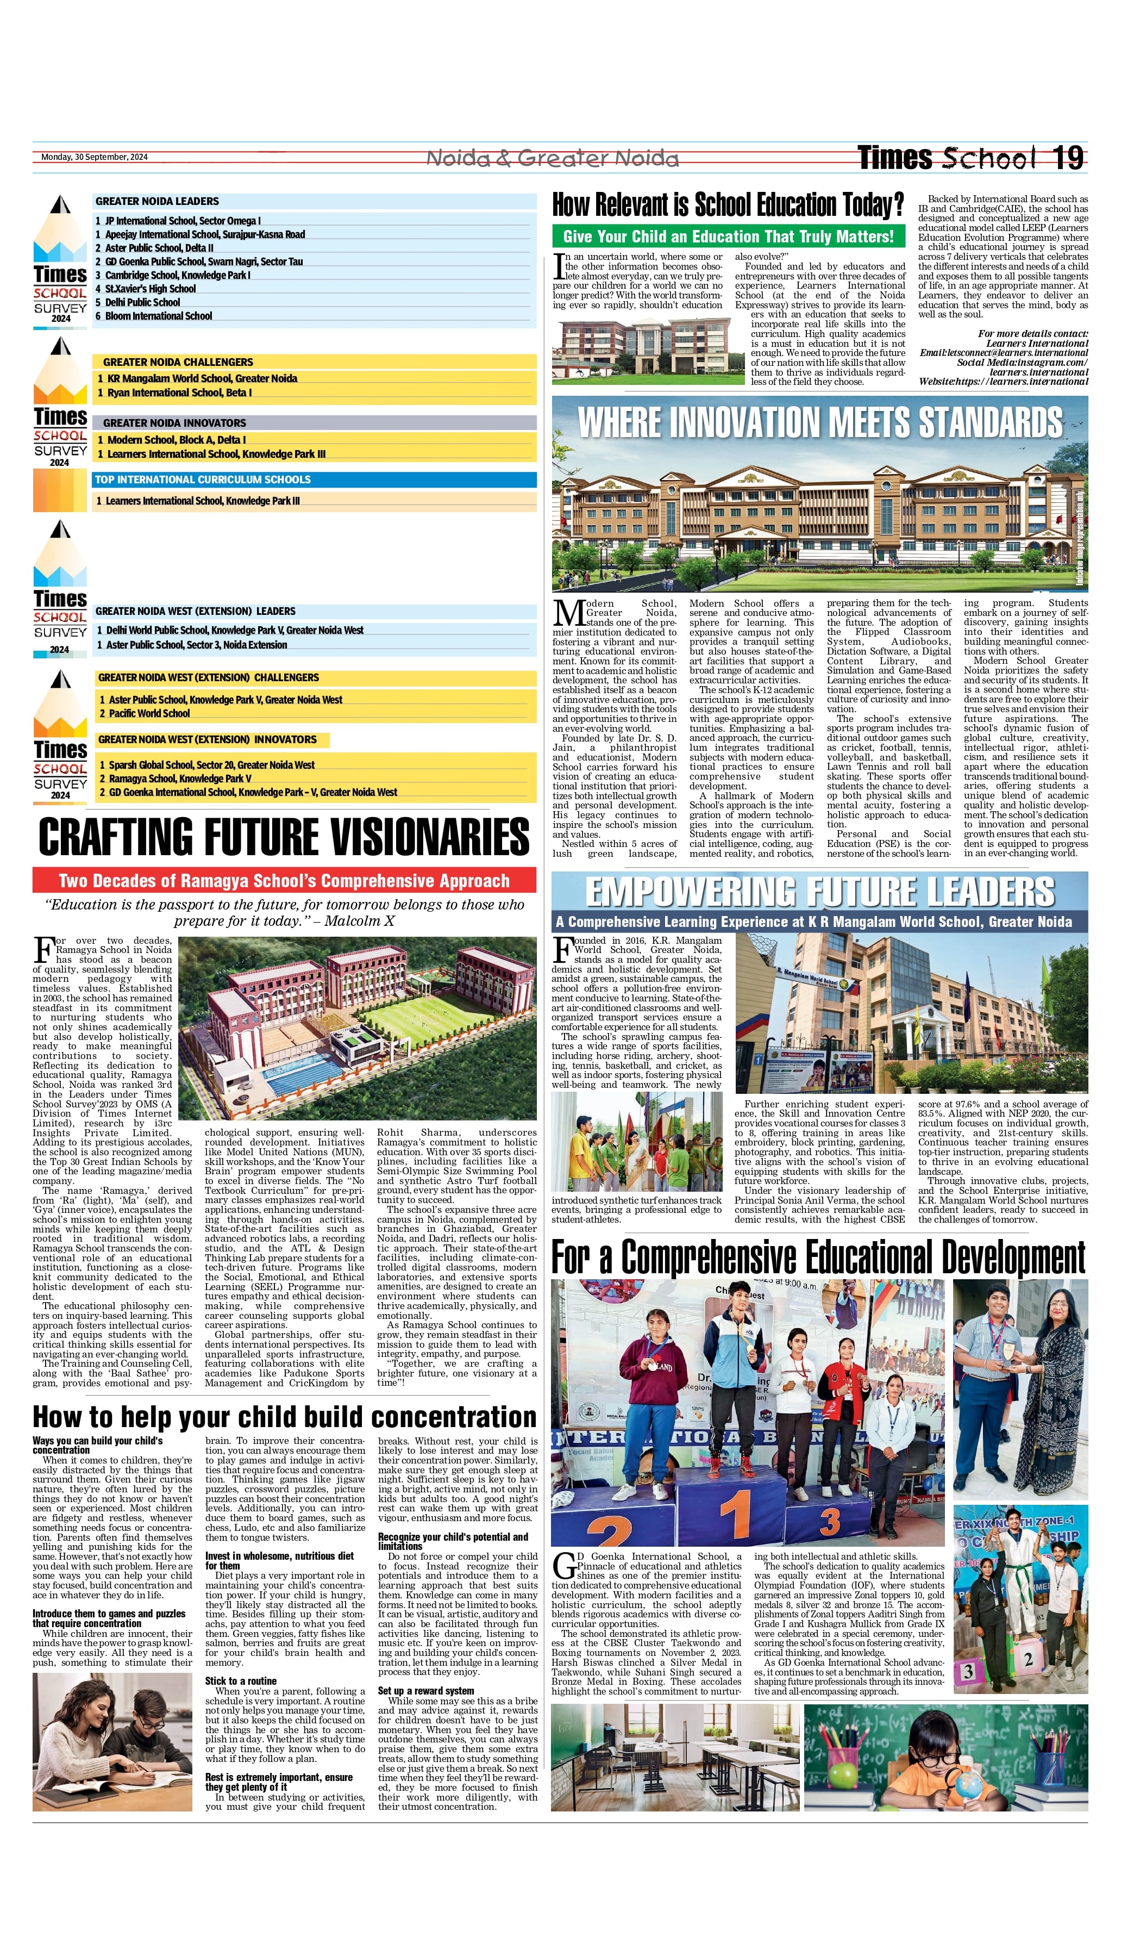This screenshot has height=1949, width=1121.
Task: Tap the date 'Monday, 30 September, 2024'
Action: tap(94, 157)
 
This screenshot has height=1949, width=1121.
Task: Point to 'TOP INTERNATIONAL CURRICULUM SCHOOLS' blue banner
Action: tap(203, 479)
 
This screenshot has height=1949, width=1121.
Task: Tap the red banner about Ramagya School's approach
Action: tap(284, 880)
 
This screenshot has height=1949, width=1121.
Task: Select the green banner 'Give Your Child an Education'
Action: tap(728, 236)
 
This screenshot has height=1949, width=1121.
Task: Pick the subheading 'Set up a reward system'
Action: tap(426, 1690)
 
